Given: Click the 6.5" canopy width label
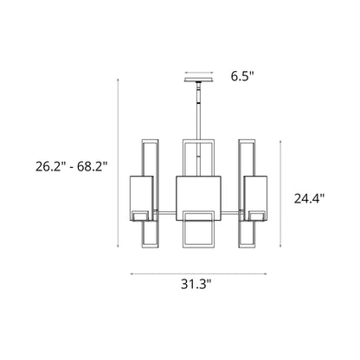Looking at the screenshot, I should tap(242, 75).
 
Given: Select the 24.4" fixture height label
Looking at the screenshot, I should tap(309, 198).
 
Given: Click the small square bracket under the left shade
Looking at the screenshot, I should tap(141, 215).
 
